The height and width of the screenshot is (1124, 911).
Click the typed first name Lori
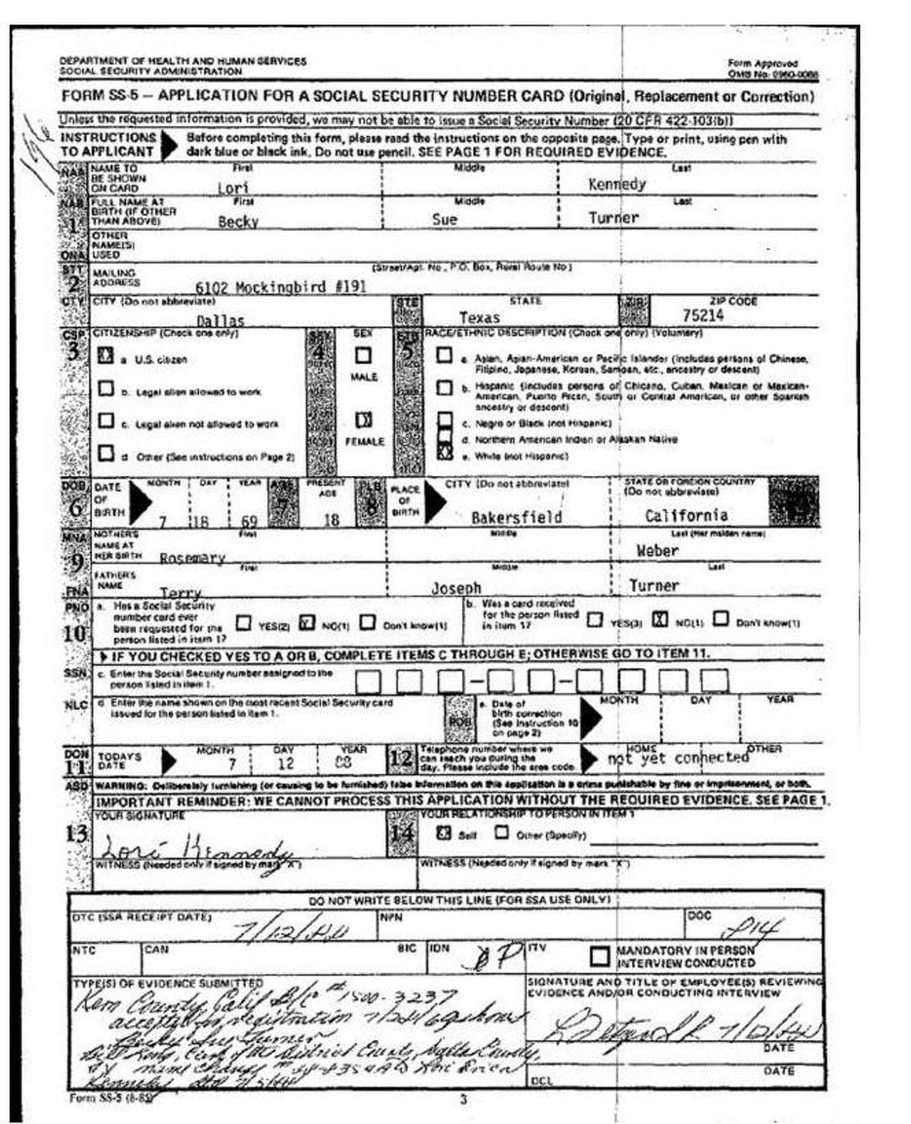[233, 188]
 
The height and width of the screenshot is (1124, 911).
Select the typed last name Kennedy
[617, 184]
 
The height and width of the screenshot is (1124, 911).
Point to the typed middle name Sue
[444, 220]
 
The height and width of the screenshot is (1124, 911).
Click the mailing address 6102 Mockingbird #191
[280, 287]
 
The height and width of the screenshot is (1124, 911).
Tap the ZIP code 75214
[702, 315]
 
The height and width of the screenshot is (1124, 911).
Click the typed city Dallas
[220, 320]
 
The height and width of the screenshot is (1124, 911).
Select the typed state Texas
[479, 318]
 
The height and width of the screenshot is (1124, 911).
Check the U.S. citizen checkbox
[106, 356]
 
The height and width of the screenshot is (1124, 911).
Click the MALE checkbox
[363, 355]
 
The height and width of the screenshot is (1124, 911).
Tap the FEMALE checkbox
[363, 420]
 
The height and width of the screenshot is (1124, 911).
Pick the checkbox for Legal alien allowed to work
[106, 389]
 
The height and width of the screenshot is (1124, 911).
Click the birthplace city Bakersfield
[516, 518]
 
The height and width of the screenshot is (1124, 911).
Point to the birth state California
[686, 516]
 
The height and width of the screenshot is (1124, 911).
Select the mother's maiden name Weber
[657, 551]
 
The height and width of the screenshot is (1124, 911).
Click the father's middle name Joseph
[456, 588]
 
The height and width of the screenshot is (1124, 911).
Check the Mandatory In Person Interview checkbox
[599, 956]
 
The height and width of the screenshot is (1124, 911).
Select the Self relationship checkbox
[443, 833]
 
